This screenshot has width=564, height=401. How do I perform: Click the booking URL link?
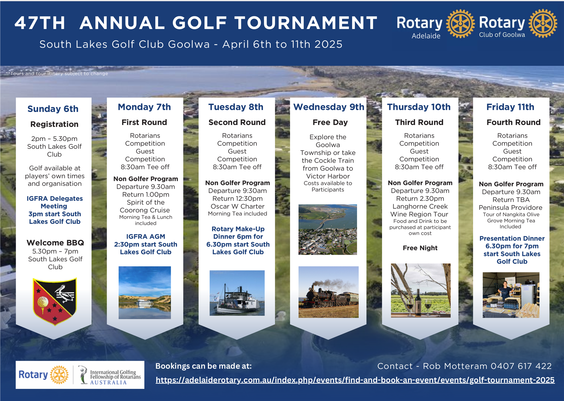click(355, 380)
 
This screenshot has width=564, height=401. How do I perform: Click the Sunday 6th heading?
click(53, 109)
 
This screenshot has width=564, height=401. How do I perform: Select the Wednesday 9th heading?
click(329, 107)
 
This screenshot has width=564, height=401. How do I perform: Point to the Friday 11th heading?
click(510, 107)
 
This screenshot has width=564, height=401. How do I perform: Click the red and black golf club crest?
click(55, 301)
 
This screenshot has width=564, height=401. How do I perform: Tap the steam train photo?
click(329, 292)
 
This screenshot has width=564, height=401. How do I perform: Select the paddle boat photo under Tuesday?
click(237, 293)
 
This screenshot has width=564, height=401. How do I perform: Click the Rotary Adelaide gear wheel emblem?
click(461, 24)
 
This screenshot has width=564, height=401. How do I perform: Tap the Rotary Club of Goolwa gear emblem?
click(543, 23)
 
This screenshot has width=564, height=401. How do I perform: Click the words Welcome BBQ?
click(55, 243)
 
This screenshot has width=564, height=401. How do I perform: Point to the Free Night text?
click(420, 248)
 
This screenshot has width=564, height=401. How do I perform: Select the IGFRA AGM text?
click(146, 237)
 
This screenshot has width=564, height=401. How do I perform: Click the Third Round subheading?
click(419, 122)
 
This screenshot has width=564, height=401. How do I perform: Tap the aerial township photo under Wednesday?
click(328, 229)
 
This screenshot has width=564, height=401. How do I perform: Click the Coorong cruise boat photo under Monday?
click(145, 292)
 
